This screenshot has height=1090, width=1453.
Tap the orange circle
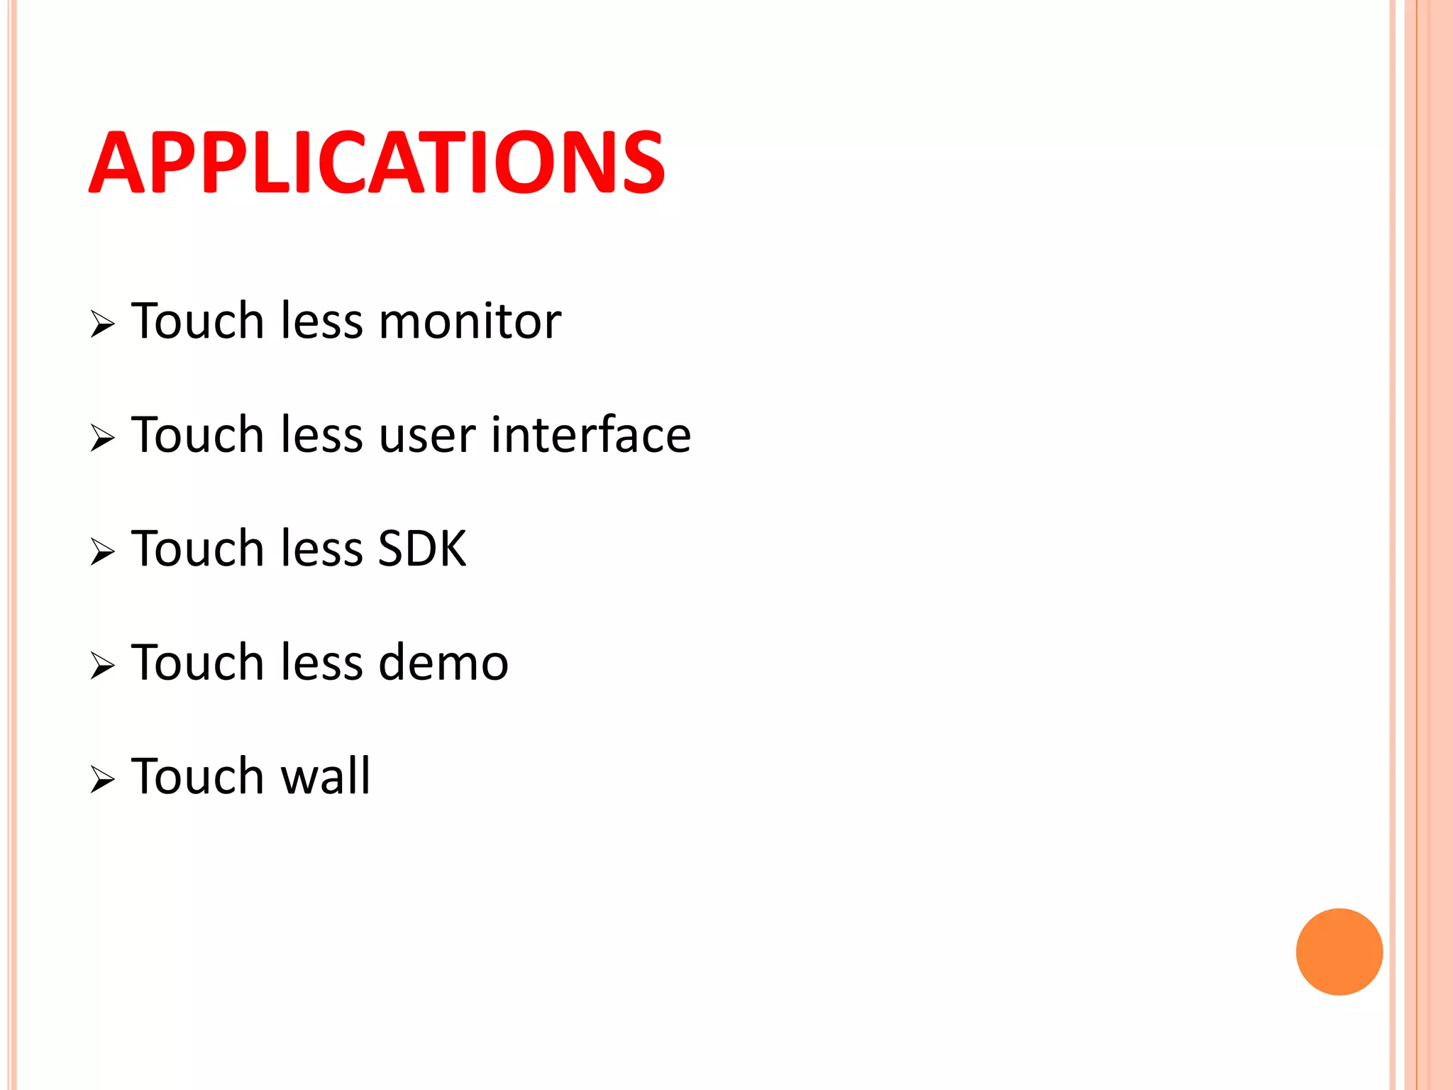click(1339, 952)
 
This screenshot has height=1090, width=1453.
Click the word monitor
click(470, 321)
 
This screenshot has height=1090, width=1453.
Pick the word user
click(427, 436)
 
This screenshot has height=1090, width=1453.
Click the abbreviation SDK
click(422, 549)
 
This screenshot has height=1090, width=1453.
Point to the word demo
click(443, 662)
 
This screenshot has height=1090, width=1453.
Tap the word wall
click(326, 776)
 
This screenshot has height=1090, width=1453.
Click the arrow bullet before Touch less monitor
click(102, 325)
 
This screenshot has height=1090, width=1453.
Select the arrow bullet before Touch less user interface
click(102, 439)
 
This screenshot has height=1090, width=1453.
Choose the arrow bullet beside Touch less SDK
click(102, 552)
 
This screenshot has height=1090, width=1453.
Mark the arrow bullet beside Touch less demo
click(102, 666)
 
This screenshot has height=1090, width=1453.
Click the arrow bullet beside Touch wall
click(102, 780)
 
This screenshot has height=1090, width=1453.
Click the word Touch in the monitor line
click(198, 321)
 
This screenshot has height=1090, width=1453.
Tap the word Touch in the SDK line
click(198, 549)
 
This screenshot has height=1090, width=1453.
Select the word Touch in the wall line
click(198, 776)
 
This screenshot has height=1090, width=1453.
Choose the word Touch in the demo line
click(198, 662)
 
